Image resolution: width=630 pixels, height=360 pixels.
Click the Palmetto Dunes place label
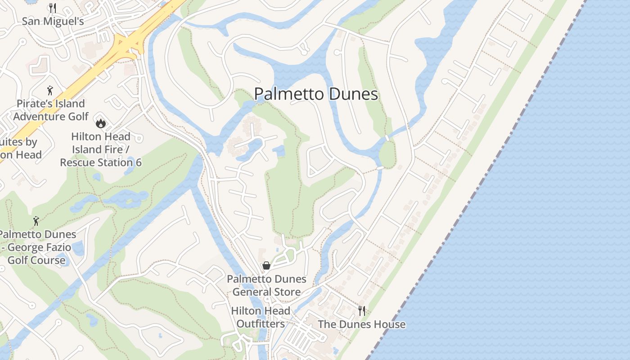point(316,94)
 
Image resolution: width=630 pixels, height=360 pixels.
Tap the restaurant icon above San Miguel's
point(53,8)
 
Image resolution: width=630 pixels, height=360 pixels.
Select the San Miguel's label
point(53,21)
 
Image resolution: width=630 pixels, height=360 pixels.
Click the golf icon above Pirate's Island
point(50,90)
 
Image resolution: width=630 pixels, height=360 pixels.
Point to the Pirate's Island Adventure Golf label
point(51,110)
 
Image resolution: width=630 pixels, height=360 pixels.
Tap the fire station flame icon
point(101,122)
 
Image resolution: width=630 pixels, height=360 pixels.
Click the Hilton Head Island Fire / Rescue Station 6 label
point(101,149)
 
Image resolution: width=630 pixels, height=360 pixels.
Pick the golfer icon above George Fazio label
point(36,221)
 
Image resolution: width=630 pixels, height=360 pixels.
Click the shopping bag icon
point(266,265)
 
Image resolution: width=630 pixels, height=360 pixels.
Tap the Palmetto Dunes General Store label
point(266,285)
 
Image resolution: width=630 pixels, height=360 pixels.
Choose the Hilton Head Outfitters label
point(261,317)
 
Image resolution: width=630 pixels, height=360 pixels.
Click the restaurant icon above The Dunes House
point(361,310)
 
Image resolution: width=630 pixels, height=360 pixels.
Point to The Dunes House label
point(361,324)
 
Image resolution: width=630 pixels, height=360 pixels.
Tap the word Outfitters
point(261,324)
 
